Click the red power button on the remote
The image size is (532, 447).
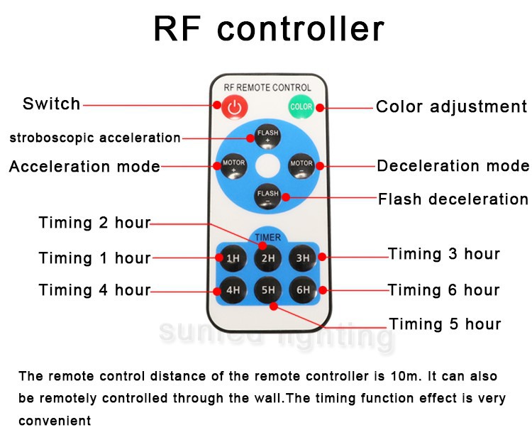point(233,109)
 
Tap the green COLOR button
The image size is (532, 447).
point(301,107)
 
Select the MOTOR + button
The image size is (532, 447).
point(233,165)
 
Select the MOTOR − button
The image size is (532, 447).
point(301,165)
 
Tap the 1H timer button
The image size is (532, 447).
point(233,258)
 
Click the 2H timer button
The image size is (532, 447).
point(267,258)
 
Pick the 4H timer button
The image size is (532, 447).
point(233,289)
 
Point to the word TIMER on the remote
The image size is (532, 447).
point(267,238)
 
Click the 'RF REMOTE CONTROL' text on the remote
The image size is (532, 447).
point(267,87)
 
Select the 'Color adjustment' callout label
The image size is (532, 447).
point(451,107)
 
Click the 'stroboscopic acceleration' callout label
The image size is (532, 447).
point(95,138)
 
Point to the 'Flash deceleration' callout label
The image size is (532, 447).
point(453,199)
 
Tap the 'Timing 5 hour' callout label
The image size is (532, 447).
point(445,324)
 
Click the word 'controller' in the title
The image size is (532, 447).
point(299,30)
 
